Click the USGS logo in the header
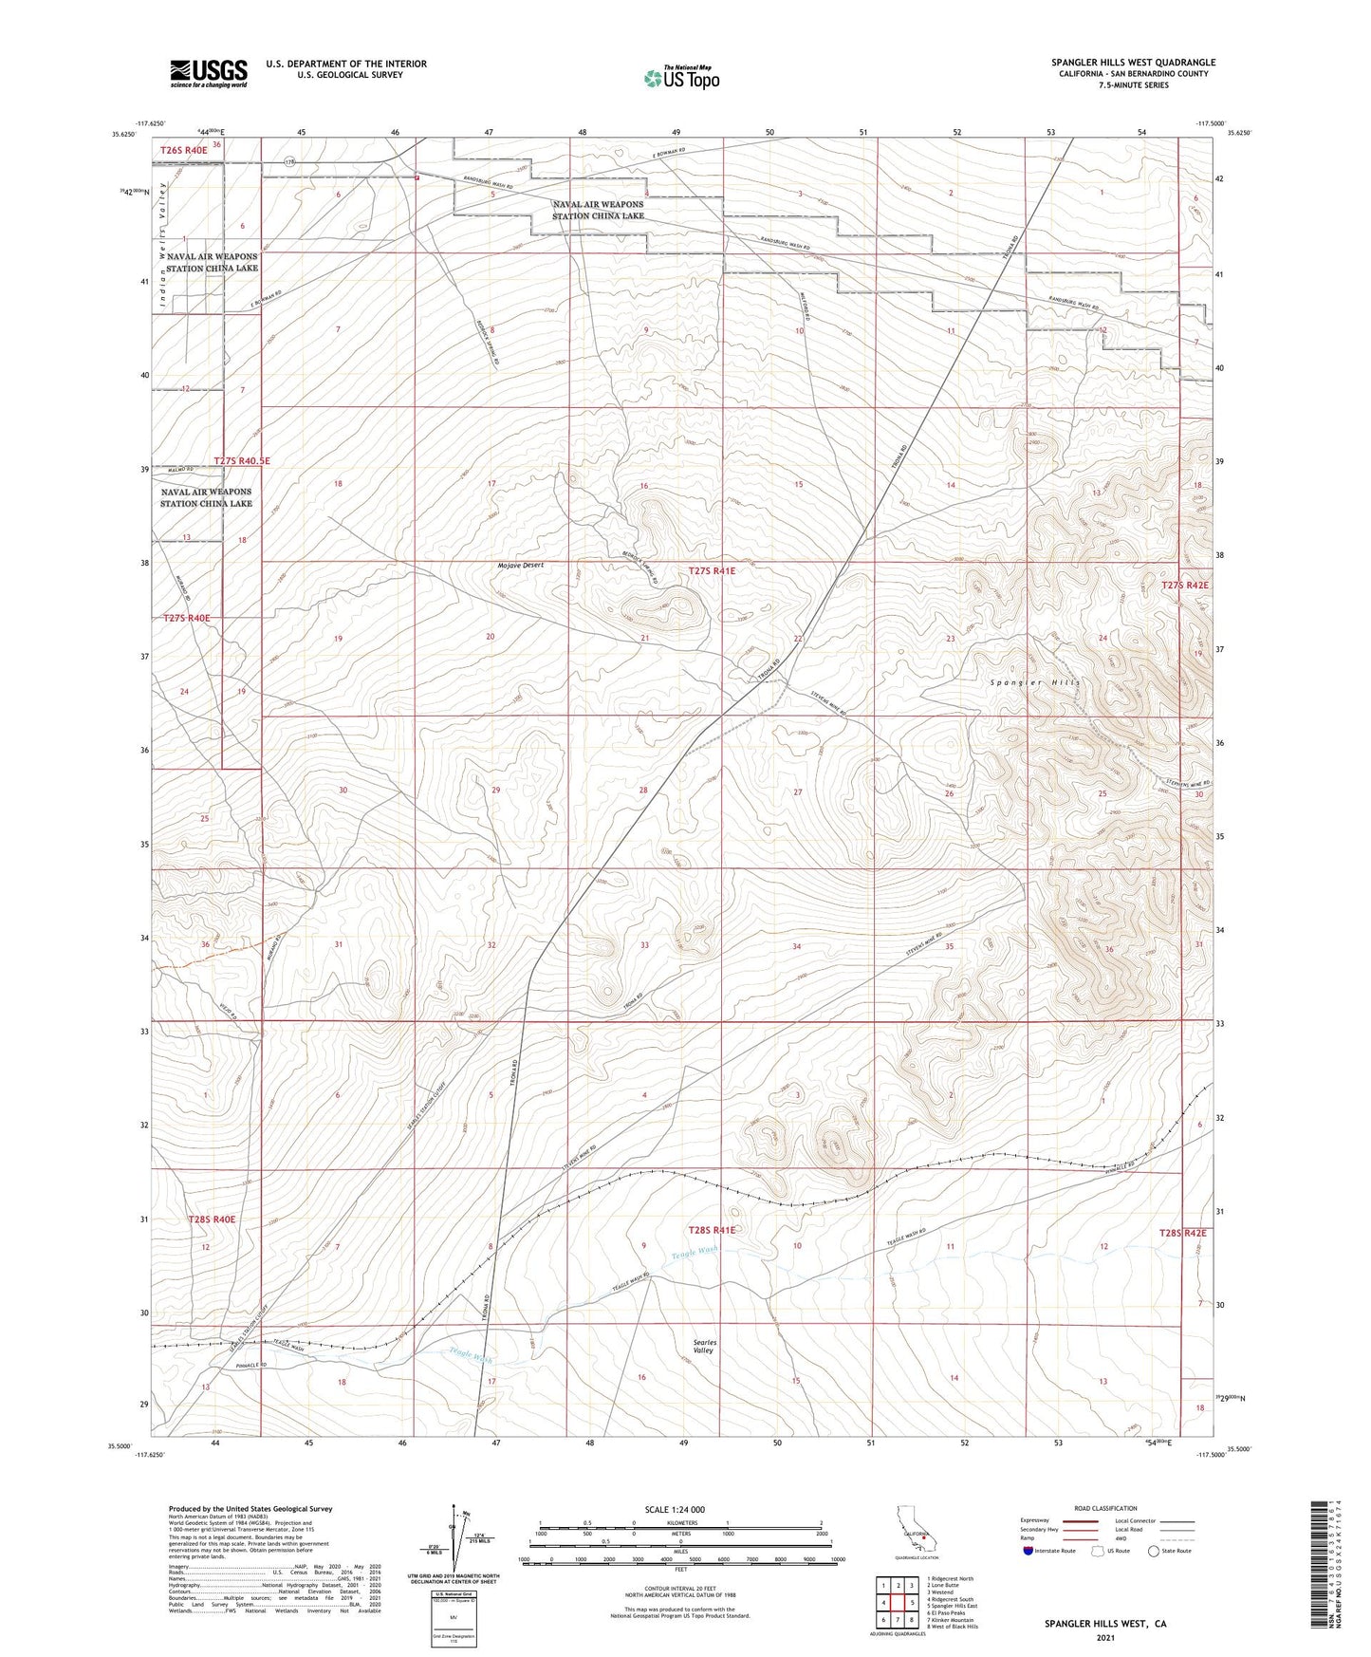(x=209, y=73)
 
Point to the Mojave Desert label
(x=521, y=565)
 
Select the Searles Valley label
(x=703, y=1347)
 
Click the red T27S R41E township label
(x=712, y=571)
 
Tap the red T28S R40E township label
(x=212, y=1219)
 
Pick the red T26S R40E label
(x=183, y=150)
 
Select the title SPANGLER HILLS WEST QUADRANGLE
(x=1133, y=63)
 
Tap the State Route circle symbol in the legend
(x=1154, y=1552)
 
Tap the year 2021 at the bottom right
(x=1105, y=1638)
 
